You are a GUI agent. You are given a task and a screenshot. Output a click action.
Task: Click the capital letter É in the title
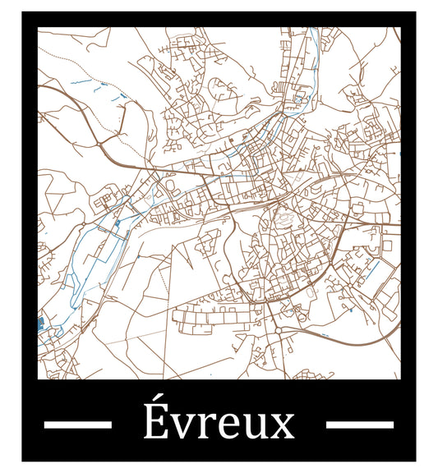(x=153, y=425)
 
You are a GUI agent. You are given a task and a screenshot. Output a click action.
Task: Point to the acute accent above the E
(x=154, y=402)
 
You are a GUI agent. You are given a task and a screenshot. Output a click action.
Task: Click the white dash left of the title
(x=77, y=425)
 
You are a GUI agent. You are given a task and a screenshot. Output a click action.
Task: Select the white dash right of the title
(x=360, y=425)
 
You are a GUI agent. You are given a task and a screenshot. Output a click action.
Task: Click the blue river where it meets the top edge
(x=314, y=33)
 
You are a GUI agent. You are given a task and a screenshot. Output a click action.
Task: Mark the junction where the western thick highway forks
(x=99, y=145)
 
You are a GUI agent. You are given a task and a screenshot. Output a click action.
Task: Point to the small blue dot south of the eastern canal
(x=351, y=310)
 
